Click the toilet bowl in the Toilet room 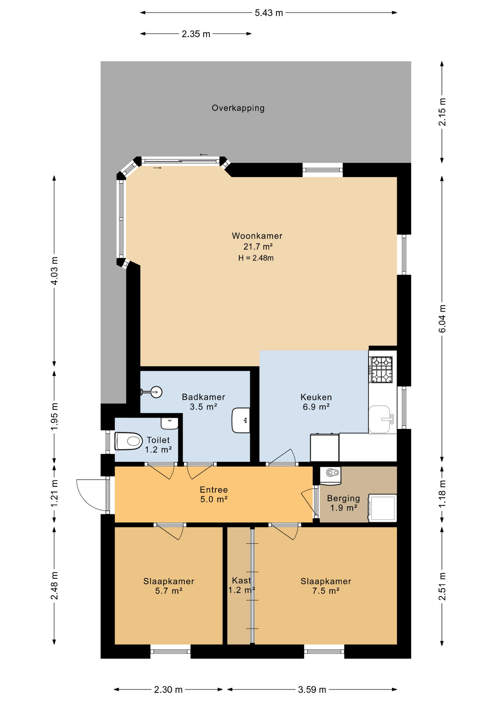129,441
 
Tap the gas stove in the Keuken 382,369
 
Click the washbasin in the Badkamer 241,420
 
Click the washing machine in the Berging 382,507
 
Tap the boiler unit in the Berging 331,475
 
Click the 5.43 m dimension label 269,13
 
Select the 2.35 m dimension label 196,34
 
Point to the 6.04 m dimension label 442,318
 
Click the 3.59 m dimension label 312,690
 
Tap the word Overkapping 238,108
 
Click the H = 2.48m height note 256,258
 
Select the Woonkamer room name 257,236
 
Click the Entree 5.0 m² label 214,494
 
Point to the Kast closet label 241,580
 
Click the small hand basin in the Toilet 169,424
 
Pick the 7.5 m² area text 326,591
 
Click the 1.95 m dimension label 54,416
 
